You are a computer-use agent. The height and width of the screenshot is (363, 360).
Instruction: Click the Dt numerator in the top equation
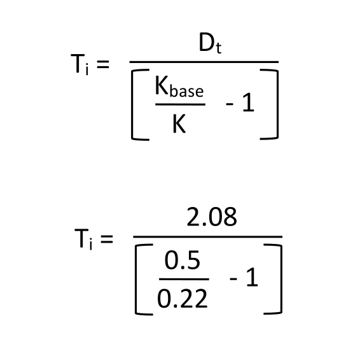click(x=210, y=44)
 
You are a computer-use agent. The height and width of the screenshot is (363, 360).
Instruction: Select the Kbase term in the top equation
click(x=179, y=86)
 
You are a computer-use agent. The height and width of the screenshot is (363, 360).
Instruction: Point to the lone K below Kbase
click(x=179, y=124)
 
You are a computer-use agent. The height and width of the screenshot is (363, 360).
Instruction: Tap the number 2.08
click(x=212, y=217)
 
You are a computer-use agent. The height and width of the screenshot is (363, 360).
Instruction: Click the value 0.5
click(x=182, y=260)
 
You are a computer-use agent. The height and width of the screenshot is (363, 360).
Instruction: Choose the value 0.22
click(x=182, y=299)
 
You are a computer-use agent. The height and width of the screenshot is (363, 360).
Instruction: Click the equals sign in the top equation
click(x=103, y=64)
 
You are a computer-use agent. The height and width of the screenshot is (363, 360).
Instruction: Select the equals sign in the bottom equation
click(x=107, y=239)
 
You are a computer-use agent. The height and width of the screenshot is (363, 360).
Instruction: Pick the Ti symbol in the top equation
click(x=80, y=64)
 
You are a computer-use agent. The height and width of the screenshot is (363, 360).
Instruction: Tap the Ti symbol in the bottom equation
click(x=83, y=239)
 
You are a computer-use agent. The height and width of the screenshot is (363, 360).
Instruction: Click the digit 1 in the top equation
click(x=248, y=103)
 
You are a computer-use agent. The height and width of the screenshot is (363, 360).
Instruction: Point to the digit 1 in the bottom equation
click(x=252, y=277)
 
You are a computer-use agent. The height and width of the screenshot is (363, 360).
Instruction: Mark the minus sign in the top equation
click(x=230, y=104)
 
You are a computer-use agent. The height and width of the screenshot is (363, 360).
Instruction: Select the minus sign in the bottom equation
click(x=233, y=280)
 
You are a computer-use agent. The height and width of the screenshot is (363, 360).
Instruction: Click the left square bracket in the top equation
click(x=132, y=104)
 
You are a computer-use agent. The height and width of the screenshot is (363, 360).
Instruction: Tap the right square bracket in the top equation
click(x=277, y=104)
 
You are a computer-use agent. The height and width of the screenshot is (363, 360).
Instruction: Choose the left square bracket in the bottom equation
click(x=135, y=280)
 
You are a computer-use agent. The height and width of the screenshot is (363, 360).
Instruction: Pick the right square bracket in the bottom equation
click(x=281, y=280)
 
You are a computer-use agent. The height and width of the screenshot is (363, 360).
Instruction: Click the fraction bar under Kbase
click(x=181, y=104)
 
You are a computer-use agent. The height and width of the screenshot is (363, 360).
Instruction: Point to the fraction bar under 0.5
click(x=184, y=280)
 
